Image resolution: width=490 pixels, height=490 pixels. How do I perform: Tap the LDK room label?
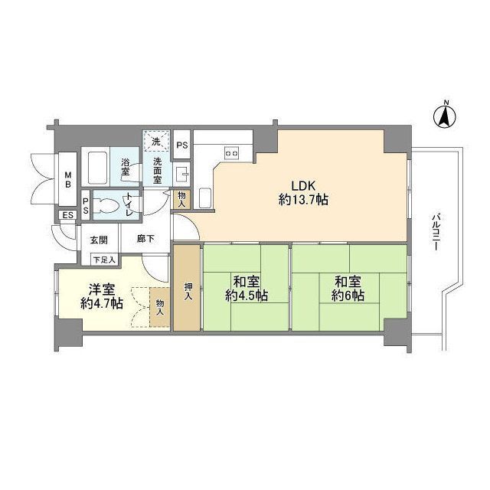(303, 185)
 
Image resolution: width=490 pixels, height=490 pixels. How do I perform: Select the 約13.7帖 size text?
(303, 199)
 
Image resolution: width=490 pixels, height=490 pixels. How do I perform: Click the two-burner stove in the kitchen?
(231, 153)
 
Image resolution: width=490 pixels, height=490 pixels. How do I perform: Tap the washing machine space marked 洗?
(156, 142)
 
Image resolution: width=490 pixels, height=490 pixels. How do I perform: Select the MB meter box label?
(68, 179)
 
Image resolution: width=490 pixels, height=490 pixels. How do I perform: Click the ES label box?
(68, 215)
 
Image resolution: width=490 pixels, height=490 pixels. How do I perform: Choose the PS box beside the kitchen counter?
(182, 145)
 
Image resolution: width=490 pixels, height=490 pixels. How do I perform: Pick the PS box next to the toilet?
(86, 206)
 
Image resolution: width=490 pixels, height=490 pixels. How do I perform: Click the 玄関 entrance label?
(99, 240)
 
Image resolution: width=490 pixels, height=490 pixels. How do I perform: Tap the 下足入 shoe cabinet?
(105, 260)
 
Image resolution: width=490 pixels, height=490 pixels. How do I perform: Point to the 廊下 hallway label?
(145, 239)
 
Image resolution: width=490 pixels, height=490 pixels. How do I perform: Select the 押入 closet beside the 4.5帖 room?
(187, 288)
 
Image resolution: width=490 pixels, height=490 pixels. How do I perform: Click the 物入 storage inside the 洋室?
(160, 307)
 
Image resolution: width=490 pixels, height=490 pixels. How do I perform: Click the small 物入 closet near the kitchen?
(181, 200)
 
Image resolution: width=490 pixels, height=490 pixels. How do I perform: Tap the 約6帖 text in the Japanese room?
(348, 296)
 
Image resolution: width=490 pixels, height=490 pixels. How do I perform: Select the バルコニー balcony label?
(435, 232)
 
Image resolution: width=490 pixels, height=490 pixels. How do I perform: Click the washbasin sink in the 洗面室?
(182, 174)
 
